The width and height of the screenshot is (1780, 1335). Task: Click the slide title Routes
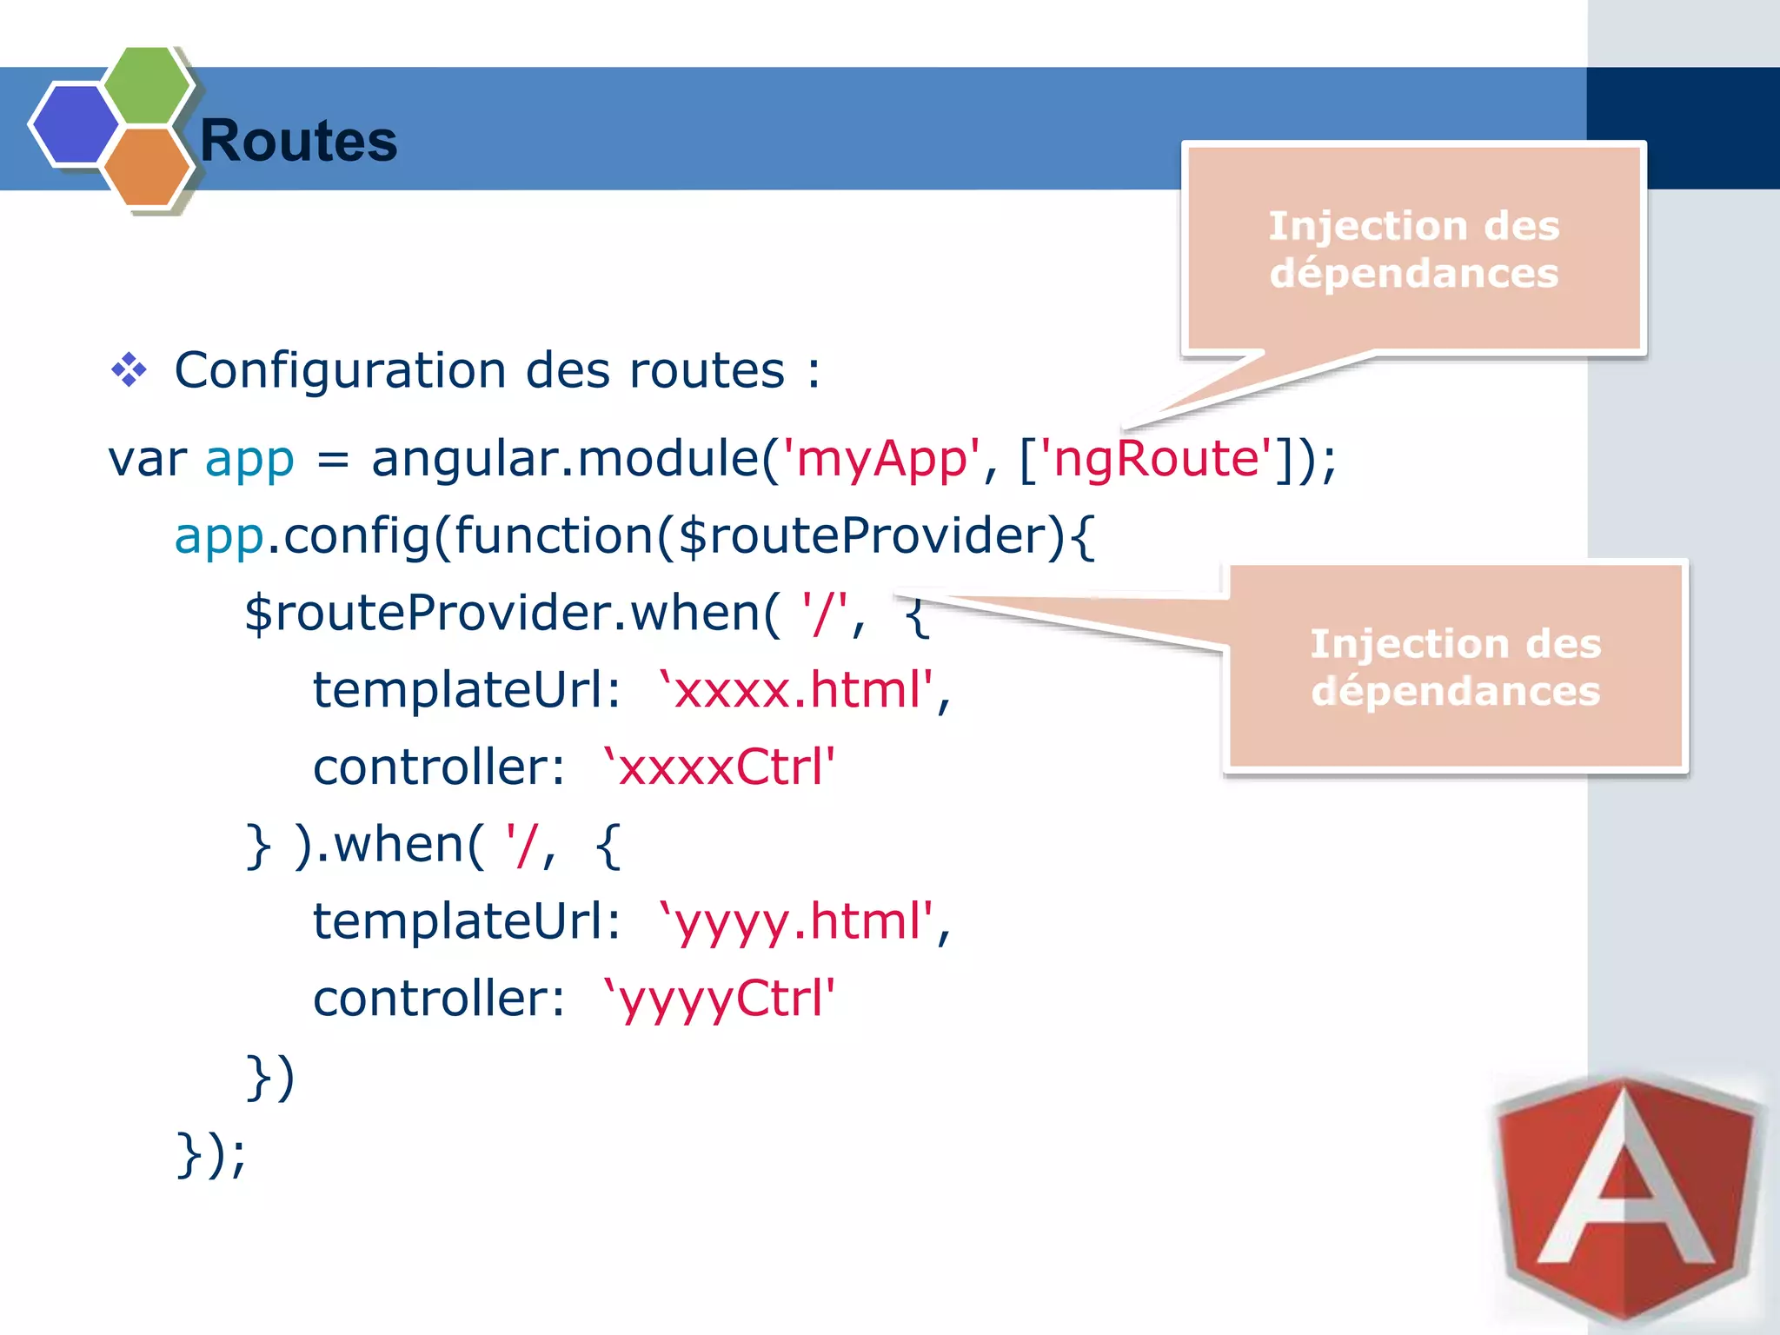[298, 141]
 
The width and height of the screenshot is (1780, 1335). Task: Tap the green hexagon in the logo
[146, 85]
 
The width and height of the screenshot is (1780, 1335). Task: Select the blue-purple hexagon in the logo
[75, 123]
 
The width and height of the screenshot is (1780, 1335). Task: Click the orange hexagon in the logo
[146, 167]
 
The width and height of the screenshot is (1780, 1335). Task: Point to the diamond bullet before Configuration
[129, 370]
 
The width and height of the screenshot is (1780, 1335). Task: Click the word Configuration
[340, 370]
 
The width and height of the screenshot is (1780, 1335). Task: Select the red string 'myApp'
[880, 458]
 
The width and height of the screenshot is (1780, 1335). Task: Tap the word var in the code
[147, 459]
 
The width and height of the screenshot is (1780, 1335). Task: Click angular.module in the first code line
[565, 458]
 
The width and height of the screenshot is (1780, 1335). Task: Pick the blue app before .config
[218, 536]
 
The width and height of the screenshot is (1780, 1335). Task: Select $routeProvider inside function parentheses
[869, 535]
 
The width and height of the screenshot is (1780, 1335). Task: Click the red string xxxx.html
[796, 690]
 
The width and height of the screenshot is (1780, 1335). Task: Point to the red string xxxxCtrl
[719, 767]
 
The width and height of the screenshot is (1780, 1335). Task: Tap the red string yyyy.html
[796, 921]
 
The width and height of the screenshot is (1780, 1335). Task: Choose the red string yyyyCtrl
[719, 999]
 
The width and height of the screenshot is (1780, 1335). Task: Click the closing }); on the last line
[211, 1153]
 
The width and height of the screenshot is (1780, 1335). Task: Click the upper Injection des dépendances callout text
[1413, 249]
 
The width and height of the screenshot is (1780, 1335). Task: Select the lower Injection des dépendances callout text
[1455, 667]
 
